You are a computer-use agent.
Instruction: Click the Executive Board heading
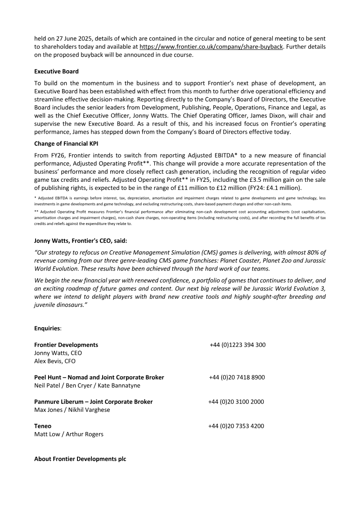pos(56,71)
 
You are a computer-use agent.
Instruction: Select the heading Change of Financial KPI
pos(66,144)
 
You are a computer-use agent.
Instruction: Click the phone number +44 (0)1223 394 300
pos(237,345)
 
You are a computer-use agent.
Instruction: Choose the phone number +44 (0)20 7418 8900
pos(237,378)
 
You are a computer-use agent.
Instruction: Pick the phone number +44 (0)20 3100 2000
pos(236,402)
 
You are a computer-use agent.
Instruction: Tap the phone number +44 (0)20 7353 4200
pos(236,426)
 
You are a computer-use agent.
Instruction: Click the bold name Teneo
pos(43,426)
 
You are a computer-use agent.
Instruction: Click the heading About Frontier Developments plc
pos(80,459)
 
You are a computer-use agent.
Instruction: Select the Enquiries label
pos(48,329)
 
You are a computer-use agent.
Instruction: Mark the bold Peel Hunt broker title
pos(99,378)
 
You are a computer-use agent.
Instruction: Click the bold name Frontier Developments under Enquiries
pos(66,345)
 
